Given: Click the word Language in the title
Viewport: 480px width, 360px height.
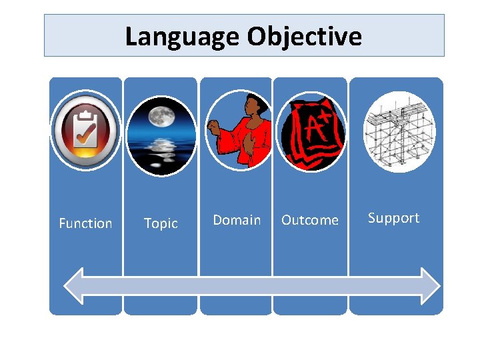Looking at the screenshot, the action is (183, 36).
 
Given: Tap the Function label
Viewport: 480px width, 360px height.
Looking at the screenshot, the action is (85, 223).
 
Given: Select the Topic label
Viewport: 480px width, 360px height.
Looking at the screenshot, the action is (161, 223).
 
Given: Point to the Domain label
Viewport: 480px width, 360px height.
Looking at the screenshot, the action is (237, 219).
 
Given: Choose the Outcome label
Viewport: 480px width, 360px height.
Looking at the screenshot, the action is (310, 220).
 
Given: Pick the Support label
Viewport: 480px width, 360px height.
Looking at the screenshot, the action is (393, 218).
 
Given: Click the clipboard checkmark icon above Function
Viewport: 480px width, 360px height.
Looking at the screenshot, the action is (85, 130).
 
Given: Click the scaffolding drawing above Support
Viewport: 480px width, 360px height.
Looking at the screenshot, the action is (399, 131).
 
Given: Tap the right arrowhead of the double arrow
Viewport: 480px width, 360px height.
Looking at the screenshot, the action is (429, 285).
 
